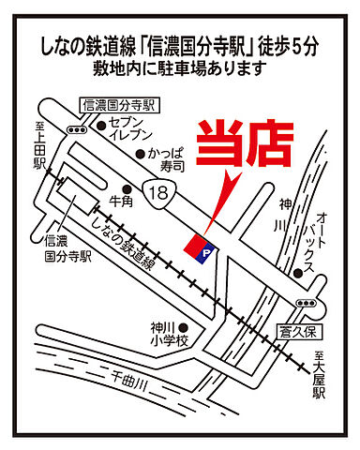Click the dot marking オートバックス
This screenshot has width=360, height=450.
tap(297, 272)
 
